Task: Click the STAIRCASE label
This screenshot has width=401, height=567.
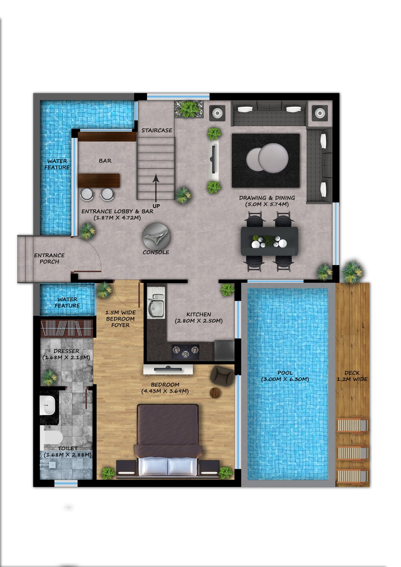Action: tap(157, 130)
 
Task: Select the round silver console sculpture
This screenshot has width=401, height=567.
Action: tap(156, 236)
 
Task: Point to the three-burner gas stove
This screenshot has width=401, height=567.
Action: tap(185, 352)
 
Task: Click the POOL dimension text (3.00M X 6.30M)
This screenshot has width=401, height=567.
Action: tap(285, 379)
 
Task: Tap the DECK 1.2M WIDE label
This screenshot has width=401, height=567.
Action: tap(352, 376)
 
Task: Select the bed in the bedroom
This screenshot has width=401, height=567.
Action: tap(168, 440)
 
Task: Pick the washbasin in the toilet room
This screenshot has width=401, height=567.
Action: tap(48, 405)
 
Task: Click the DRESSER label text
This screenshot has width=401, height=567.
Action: tap(66, 351)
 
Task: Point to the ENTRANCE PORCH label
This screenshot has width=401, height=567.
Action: tap(49, 258)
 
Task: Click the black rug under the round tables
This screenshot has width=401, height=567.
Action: tap(266, 161)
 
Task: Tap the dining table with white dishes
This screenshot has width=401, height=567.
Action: tap(269, 241)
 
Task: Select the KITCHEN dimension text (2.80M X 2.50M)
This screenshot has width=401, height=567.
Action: tap(199, 321)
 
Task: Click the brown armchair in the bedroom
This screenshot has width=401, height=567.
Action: tap(222, 376)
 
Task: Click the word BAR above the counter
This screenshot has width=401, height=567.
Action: tap(105, 161)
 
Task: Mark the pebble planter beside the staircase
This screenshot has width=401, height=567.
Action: tap(189, 109)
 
